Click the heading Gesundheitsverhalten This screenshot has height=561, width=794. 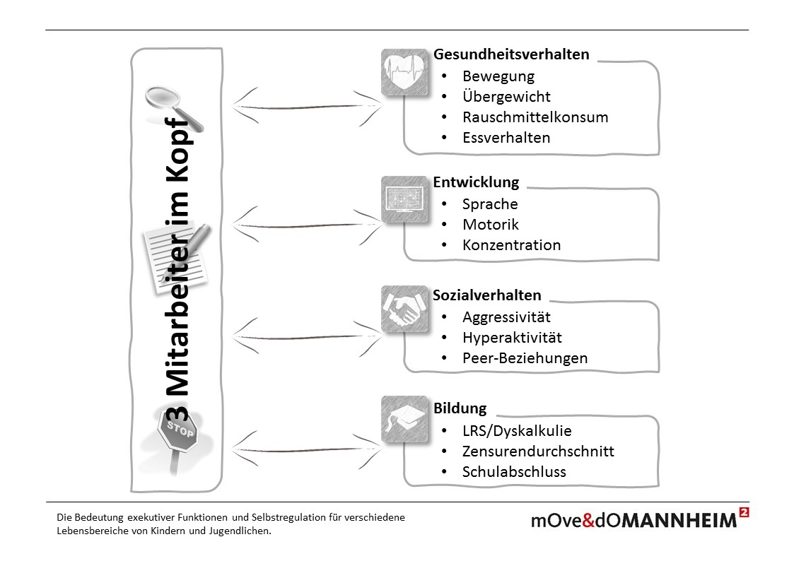point(510,54)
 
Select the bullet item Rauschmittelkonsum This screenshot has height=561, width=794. point(535,117)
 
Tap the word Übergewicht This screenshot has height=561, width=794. point(506,97)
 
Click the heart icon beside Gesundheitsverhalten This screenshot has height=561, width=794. point(405,72)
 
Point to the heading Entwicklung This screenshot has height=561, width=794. point(476,182)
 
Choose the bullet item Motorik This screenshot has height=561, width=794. point(490,225)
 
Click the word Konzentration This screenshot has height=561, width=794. point(511,245)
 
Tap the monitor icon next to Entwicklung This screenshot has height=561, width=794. point(405,199)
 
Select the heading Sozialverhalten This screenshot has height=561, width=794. point(487,295)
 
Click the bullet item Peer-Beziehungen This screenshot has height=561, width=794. point(525,358)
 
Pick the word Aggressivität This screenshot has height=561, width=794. point(506,317)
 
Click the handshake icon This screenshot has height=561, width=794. point(405,309)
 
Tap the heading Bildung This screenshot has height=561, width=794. point(460,408)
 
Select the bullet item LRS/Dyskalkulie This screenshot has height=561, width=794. point(517,431)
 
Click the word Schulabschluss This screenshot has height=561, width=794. point(514,472)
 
